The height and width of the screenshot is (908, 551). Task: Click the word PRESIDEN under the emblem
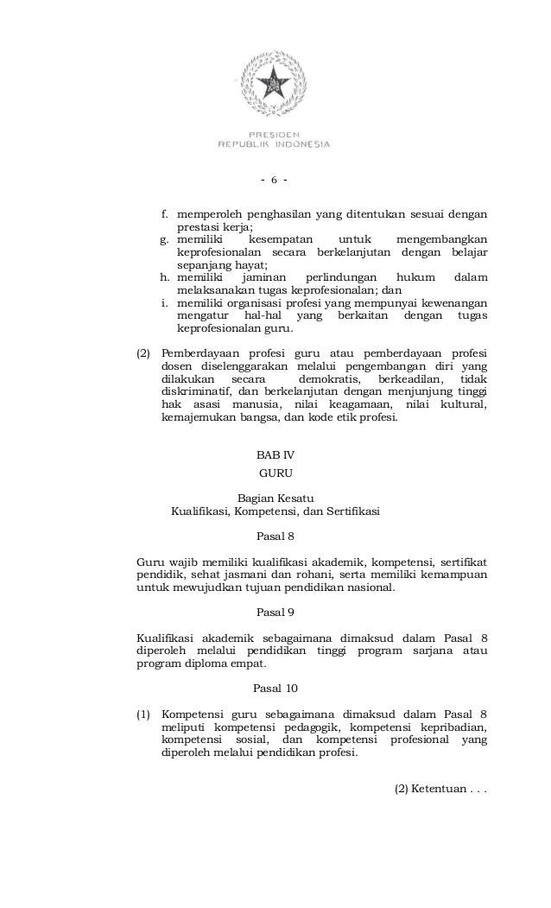point(275,135)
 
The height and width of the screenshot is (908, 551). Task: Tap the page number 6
point(274,181)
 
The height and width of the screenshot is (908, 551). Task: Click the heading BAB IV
point(275,454)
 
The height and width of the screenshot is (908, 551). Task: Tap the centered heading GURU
point(275,473)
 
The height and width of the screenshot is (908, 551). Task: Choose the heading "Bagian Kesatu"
point(275,497)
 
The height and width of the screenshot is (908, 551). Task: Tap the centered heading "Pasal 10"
point(275,688)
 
